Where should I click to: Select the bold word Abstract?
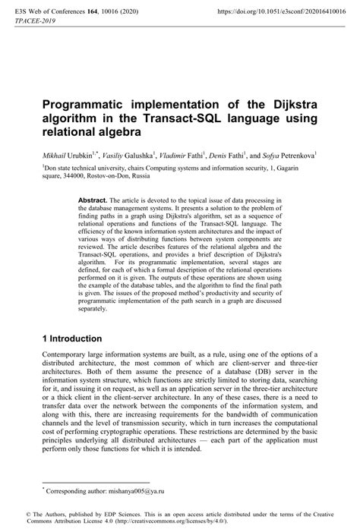click(x=93, y=199)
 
